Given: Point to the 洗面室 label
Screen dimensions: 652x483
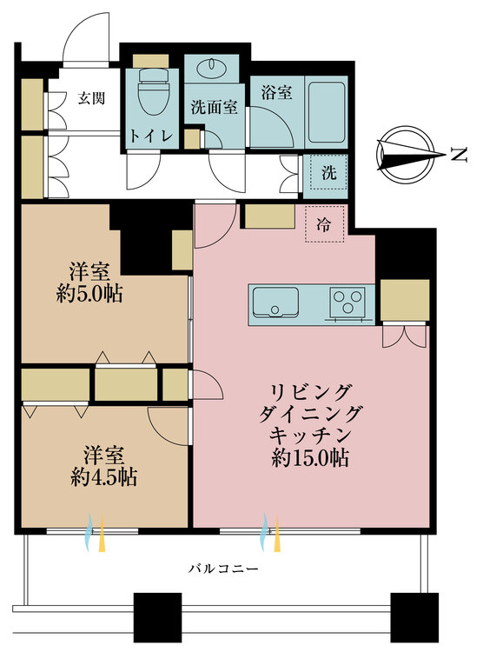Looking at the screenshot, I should click(214, 107).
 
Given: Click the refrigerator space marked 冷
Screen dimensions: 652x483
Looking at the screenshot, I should click(324, 224).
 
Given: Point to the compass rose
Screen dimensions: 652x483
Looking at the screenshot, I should click(408, 154).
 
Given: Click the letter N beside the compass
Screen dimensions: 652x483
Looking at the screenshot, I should click(457, 154).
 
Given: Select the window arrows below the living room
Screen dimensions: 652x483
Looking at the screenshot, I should click(271, 532).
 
